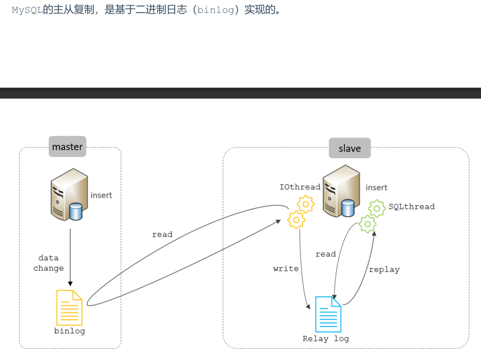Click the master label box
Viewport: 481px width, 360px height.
[x=67, y=147]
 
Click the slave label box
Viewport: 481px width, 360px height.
[x=349, y=148]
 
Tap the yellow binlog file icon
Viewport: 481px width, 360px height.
[x=69, y=307]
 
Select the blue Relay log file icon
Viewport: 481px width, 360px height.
[x=328, y=314]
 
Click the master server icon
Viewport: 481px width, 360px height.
[x=70, y=195]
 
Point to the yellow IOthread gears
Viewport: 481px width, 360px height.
[x=300, y=212]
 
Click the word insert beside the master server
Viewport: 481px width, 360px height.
[x=101, y=195]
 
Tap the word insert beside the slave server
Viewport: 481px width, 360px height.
[x=376, y=188]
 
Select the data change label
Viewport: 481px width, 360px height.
[x=48, y=263]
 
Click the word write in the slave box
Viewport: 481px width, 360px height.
[x=286, y=269]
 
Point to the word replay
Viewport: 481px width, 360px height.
[x=384, y=270]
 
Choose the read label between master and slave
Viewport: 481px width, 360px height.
[x=162, y=235]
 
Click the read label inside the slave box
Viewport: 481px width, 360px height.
[x=326, y=254]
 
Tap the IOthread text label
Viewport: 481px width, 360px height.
[x=300, y=187]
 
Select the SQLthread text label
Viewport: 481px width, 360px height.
[x=411, y=206]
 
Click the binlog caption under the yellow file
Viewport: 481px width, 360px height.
[x=70, y=331]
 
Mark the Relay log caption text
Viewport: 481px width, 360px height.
[x=326, y=339]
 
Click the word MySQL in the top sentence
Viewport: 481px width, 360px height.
[x=27, y=10]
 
